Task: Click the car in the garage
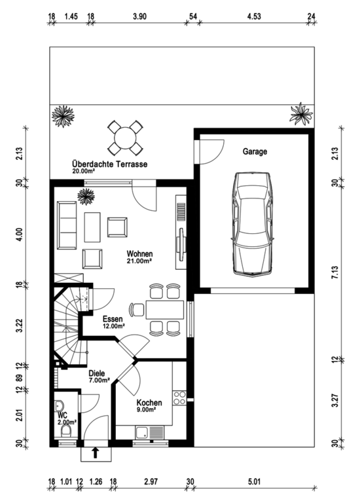252,223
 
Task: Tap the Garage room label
255,151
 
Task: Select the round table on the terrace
125,138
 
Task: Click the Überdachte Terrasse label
110,164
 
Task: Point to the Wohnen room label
139,253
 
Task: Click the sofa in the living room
67,225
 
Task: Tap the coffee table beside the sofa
92,227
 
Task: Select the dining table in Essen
165,310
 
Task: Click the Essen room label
113,319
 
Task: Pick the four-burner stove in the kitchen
179,398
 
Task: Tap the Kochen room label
149,403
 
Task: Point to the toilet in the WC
67,431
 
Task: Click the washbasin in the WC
59,406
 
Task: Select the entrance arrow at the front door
95,453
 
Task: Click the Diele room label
97,373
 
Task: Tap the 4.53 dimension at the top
254,16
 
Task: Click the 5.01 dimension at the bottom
254,481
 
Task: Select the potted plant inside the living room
86,196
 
